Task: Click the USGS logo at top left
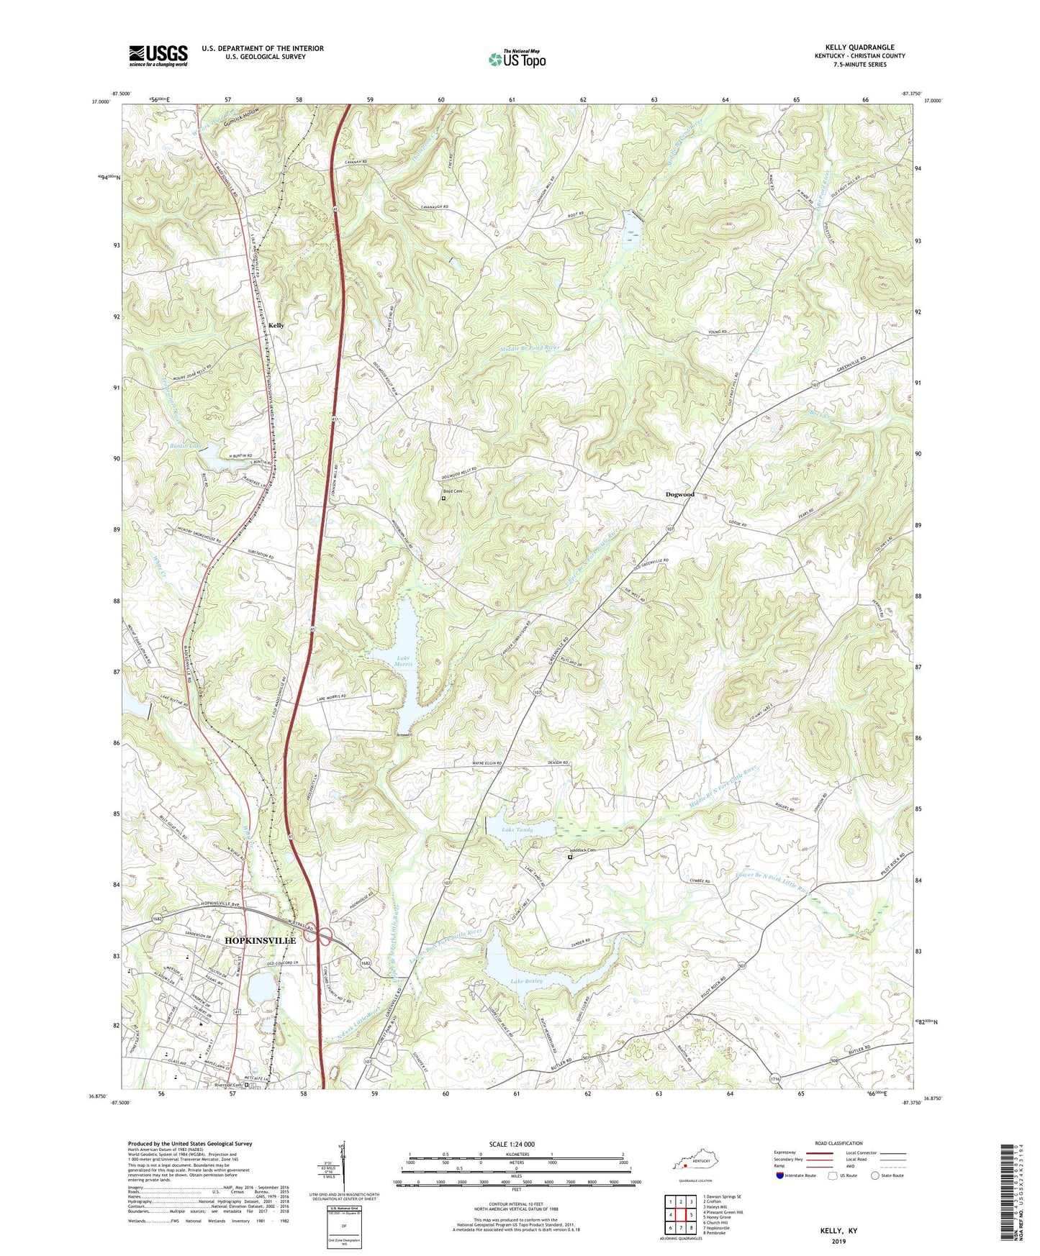158,55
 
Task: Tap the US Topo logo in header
517,59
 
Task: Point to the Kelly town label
276,325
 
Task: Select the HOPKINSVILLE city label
261,940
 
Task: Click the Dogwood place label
679,494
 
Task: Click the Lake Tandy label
517,829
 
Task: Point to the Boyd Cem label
452,491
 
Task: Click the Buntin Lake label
185,446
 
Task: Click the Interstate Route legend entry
797,1175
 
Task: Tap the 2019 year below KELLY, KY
838,1241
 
